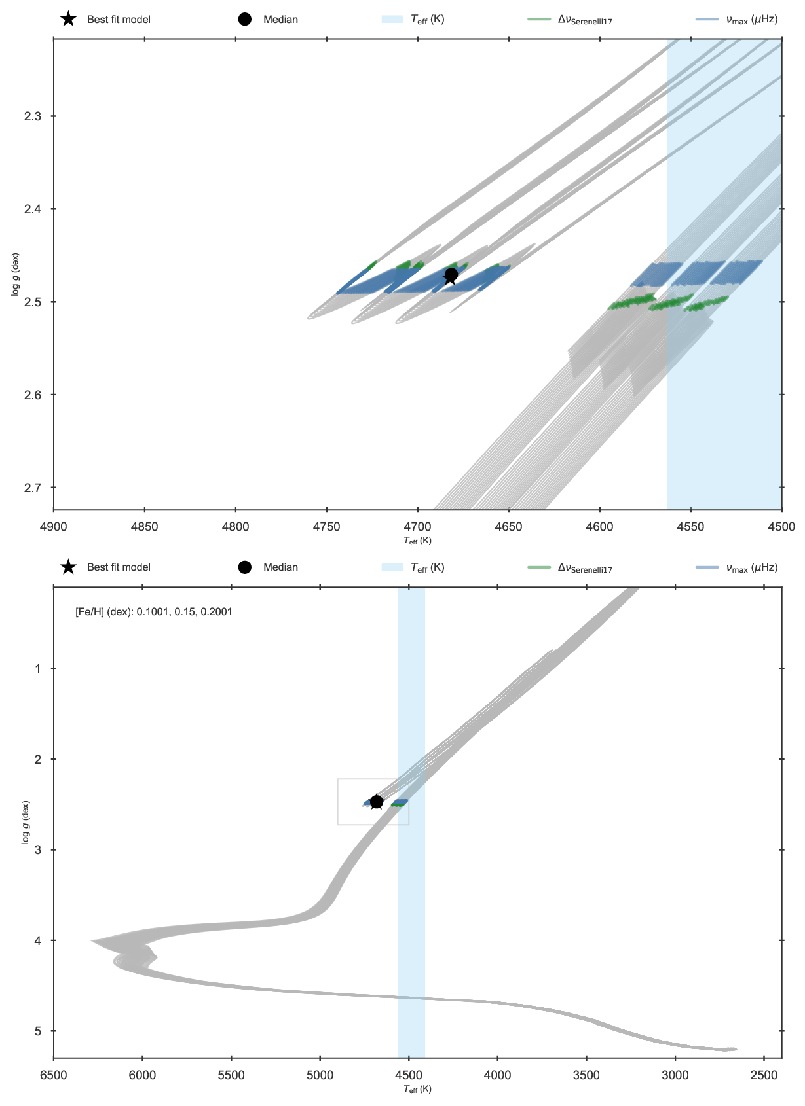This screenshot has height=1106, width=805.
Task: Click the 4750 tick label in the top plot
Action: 326,527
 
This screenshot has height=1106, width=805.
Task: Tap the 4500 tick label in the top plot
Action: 781,527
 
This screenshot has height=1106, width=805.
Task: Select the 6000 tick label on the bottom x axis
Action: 142,1075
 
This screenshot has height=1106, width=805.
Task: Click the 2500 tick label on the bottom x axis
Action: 764,1075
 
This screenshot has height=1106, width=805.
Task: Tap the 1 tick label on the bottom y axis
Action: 38,669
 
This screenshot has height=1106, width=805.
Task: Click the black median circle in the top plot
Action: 451,274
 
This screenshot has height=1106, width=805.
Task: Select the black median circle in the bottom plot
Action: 377,801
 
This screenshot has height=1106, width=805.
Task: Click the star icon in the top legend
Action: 68,19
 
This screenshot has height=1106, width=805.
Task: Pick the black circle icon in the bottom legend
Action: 244,567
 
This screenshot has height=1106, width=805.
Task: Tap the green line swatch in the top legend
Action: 539,19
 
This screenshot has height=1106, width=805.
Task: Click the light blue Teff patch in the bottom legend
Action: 392,567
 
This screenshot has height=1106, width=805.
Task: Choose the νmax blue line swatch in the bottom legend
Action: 707,567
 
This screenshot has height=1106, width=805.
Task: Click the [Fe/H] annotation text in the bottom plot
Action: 154,612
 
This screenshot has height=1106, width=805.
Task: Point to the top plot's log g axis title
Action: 15,274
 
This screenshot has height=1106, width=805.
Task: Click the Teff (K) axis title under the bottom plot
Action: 418,1089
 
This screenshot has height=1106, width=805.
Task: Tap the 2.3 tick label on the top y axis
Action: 33,116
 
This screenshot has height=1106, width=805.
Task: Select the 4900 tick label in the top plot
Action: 53,527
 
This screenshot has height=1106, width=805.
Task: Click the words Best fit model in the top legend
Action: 119,19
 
